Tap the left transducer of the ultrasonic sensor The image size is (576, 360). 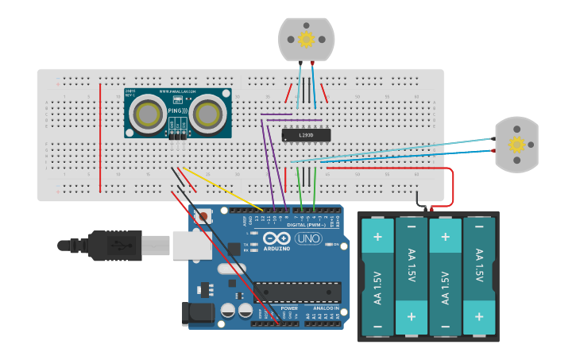pos(149,115)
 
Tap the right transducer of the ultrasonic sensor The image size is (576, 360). pos(206,114)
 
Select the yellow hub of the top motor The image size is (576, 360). pos(306,39)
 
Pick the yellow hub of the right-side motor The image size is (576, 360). pos(517,144)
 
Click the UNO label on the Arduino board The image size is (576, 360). pos(307,238)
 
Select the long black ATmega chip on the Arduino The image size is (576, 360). pos(298,292)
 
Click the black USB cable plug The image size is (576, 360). pos(107,246)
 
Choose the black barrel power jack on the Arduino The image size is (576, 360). pos(199,313)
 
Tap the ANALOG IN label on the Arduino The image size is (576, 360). pos(326,308)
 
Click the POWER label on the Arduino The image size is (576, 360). pos(289,308)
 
